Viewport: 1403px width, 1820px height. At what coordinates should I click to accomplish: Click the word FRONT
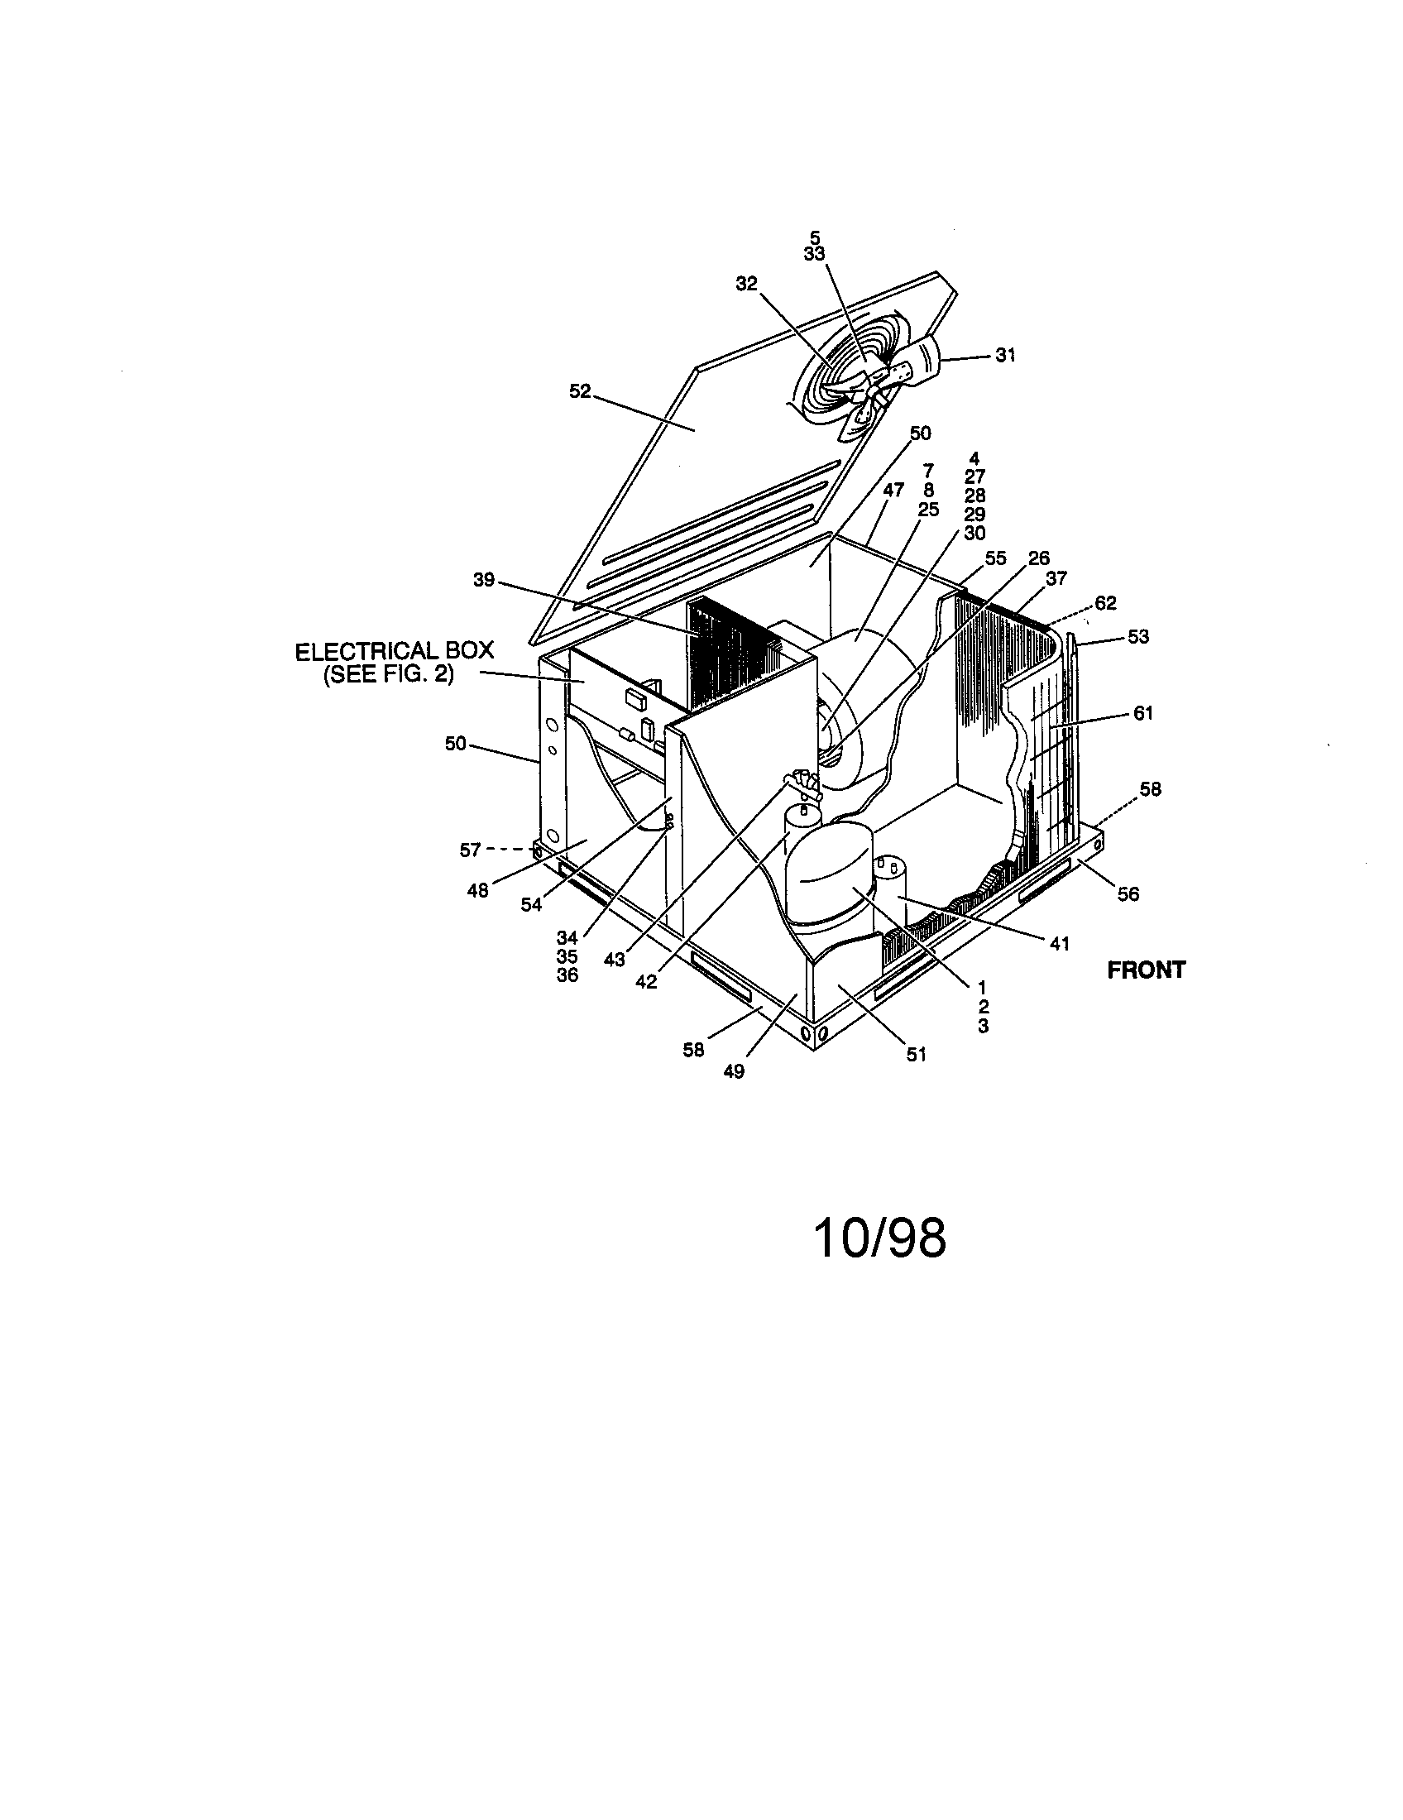(x=1146, y=970)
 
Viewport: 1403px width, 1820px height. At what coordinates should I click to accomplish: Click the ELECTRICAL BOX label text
(x=394, y=651)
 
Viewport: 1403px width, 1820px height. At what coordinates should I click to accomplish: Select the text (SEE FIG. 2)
(x=388, y=673)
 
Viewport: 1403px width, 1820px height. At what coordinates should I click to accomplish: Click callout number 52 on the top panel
(x=579, y=390)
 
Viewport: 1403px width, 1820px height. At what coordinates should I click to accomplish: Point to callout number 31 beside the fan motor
(x=1006, y=355)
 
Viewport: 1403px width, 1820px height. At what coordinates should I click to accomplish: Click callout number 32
(x=745, y=283)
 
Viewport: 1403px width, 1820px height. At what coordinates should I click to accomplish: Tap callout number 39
(x=484, y=580)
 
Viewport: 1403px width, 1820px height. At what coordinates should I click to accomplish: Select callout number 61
(x=1143, y=713)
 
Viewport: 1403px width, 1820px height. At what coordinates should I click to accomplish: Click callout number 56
(x=1128, y=894)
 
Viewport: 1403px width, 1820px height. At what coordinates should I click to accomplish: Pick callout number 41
(x=1059, y=943)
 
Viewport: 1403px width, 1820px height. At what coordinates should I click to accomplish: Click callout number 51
(x=916, y=1054)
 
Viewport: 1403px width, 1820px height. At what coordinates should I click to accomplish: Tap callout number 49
(x=733, y=1071)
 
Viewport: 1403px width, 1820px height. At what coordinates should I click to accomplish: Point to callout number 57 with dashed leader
(x=471, y=850)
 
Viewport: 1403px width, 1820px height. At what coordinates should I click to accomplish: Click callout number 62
(x=1105, y=602)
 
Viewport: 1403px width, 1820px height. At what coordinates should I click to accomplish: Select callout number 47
(x=893, y=491)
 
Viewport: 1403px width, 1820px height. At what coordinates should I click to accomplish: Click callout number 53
(x=1138, y=637)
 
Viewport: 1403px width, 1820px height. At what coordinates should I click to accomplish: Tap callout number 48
(x=477, y=891)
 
